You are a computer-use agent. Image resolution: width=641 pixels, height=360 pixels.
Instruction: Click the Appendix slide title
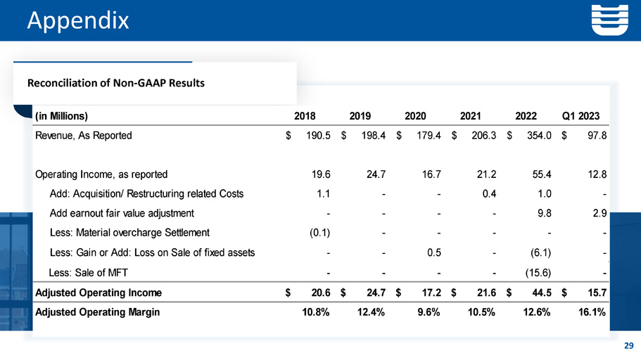click(x=78, y=20)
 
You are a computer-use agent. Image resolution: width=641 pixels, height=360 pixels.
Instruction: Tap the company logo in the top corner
click(x=609, y=20)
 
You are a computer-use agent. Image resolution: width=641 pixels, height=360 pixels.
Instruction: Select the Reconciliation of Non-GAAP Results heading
click(x=115, y=83)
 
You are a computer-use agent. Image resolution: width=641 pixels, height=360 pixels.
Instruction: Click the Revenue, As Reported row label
click(x=83, y=136)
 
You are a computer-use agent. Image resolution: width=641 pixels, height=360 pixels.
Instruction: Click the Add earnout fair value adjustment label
click(x=122, y=213)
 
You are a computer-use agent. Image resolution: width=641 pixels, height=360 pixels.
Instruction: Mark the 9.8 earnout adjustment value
click(x=544, y=213)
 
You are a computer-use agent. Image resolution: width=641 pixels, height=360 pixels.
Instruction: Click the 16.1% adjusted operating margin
click(x=590, y=313)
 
